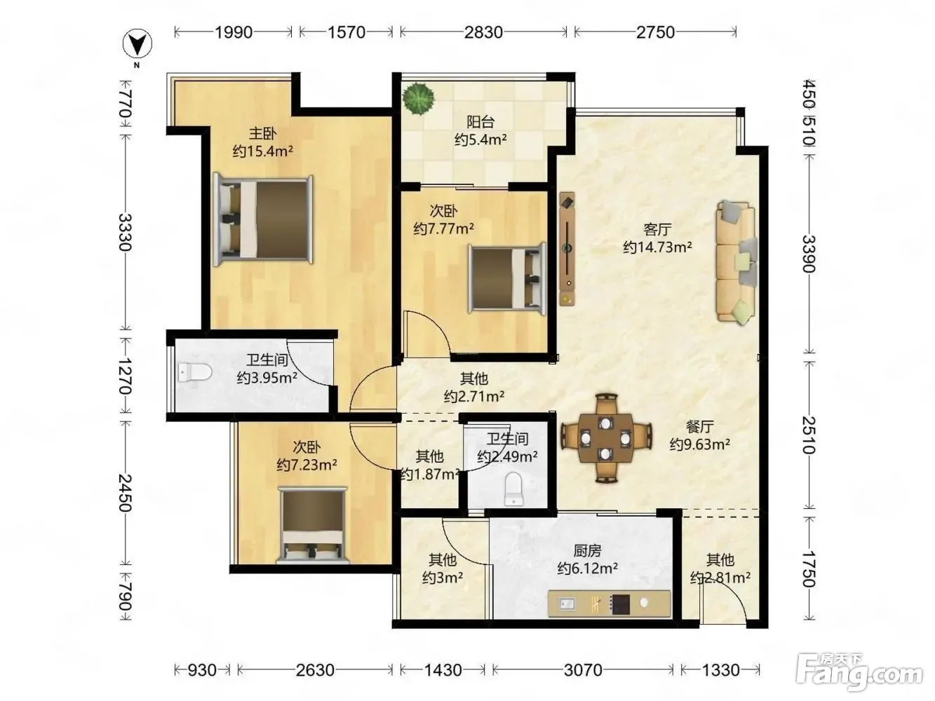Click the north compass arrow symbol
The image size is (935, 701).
(x=137, y=44)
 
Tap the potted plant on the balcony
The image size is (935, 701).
(x=419, y=99)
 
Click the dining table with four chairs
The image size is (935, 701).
(x=606, y=438)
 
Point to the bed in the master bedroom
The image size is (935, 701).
(x=263, y=219)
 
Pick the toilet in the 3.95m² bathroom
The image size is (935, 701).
(x=195, y=373)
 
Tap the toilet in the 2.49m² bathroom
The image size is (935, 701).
(x=513, y=489)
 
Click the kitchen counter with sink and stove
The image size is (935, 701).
(x=609, y=603)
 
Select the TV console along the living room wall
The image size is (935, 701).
(x=567, y=249)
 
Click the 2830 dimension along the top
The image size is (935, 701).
(x=483, y=32)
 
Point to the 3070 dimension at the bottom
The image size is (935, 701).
(x=583, y=670)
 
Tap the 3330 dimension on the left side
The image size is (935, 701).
(x=125, y=232)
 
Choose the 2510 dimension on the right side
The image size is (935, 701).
(x=809, y=435)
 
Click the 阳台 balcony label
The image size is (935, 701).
(x=480, y=122)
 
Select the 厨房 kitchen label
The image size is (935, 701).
(x=587, y=551)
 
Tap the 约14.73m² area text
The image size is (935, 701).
(x=657, y=247)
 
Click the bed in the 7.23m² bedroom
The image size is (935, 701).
(x=312, y=525)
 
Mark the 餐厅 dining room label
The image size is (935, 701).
(x=700, y=426)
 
